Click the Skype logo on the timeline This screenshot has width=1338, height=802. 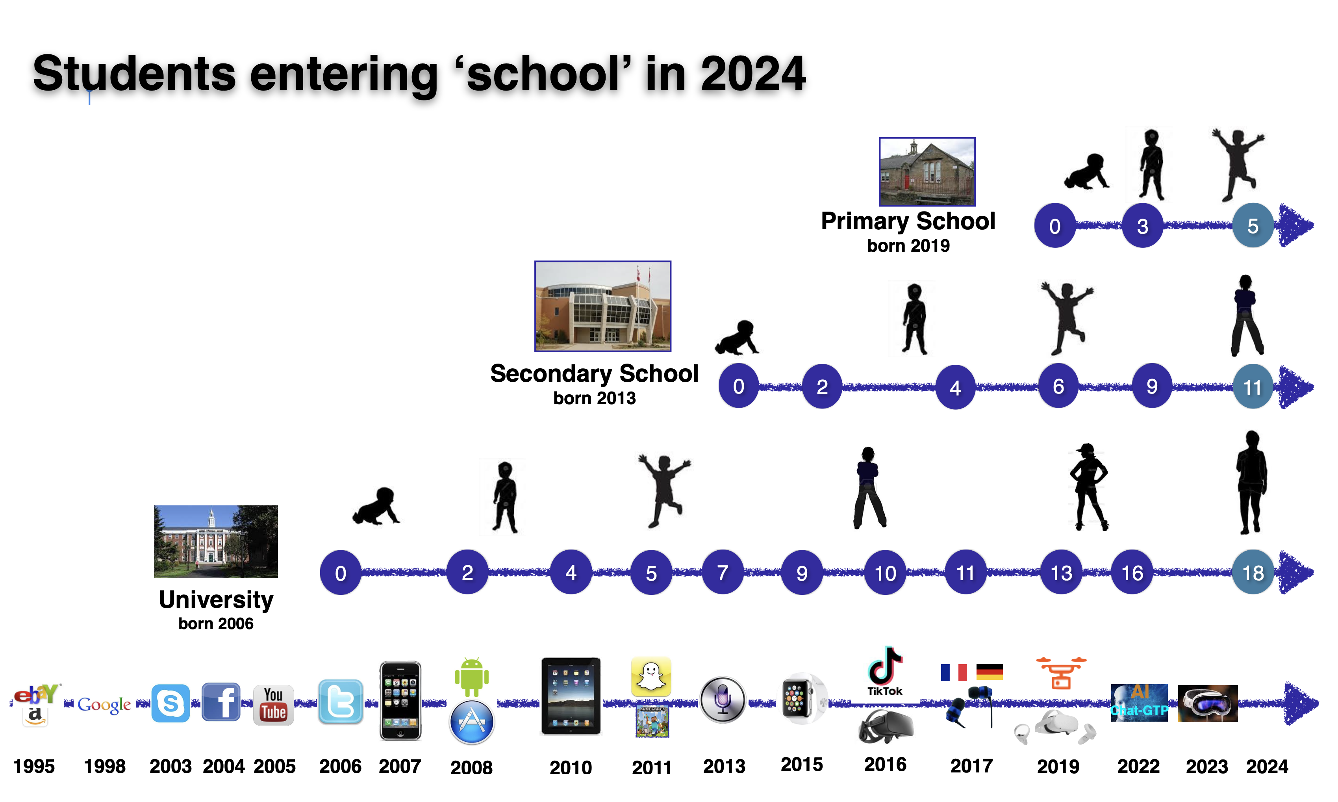170,703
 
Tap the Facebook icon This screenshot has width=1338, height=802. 221,702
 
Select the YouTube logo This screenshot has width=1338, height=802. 273,705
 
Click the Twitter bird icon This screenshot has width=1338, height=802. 340,702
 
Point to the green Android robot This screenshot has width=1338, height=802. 472,677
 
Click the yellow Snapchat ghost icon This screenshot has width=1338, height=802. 651,677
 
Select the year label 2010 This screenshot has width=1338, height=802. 571,767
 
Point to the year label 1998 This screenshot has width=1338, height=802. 105,766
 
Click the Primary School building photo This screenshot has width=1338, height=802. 927,171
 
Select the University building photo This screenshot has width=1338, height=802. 216,542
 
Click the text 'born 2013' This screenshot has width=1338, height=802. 594,398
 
